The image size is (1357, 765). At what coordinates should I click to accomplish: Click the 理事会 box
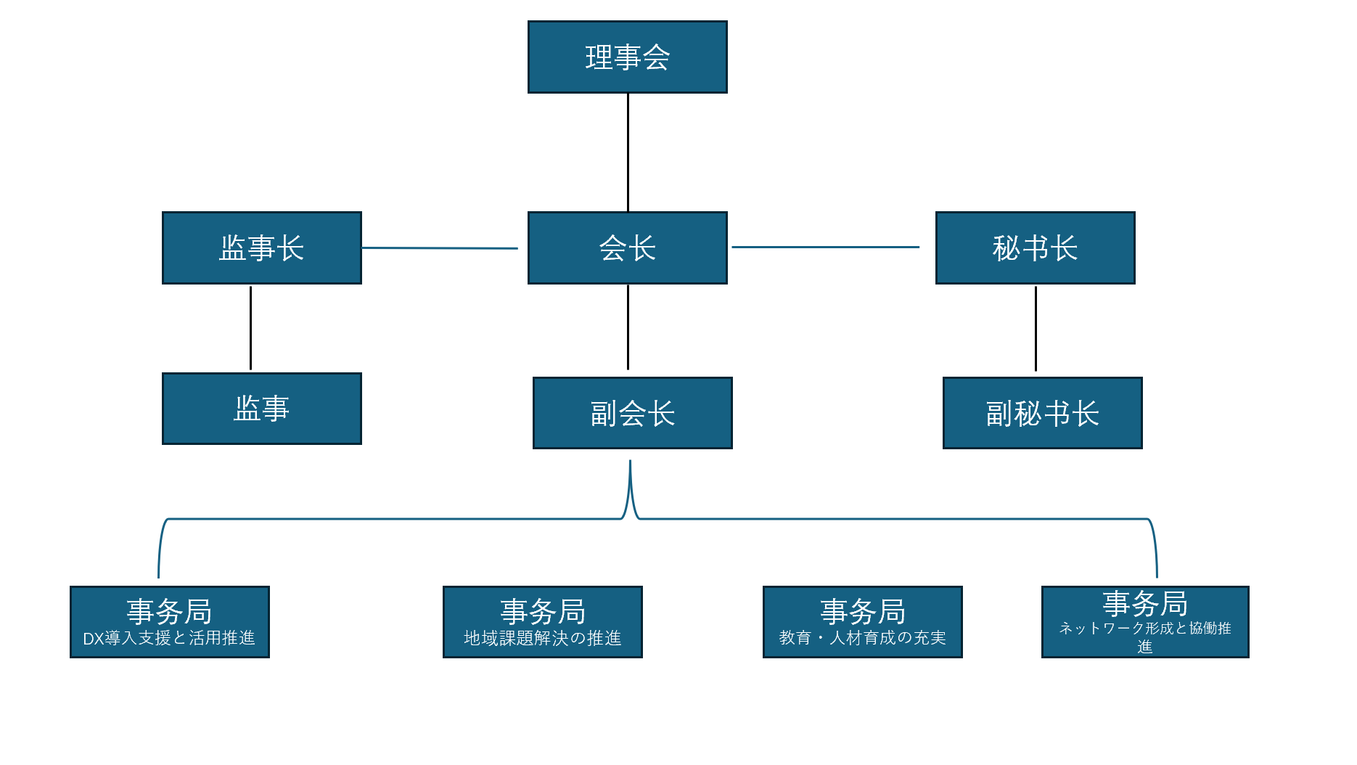pos(627,57)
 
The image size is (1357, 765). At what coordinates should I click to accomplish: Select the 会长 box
pos(627,248)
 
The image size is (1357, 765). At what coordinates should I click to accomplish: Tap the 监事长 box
pos(261,248)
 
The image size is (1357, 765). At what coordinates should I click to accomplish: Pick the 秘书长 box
pos(1035,248)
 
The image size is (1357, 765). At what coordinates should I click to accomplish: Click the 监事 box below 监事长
pos(261,409)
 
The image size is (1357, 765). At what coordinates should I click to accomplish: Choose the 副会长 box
pos(632,414)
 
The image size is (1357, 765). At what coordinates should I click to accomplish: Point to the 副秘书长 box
pos(1042,414)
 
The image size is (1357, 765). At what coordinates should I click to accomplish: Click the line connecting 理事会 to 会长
pos(628,152)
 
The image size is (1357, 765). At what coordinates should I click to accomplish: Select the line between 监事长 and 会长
pos(440,248)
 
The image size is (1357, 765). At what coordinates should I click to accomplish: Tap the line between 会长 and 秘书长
pos(825,247)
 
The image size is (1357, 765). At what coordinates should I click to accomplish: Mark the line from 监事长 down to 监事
pos(250,328)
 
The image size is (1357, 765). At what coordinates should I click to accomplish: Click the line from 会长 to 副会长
pos(628,327)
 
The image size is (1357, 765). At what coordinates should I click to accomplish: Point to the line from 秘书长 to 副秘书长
pos(1036,329)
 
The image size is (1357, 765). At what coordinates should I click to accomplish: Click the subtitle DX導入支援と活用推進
pos(169,638)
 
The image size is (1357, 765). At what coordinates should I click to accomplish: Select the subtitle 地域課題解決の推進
pos(542,638)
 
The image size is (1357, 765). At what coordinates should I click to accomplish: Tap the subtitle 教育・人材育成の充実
pos(862,638)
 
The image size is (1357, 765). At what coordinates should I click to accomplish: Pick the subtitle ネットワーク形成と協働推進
pos(1144,629)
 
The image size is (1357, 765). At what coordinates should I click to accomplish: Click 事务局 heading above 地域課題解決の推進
pos(542,612)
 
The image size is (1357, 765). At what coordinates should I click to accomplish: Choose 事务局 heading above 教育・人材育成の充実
pos(862,612)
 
